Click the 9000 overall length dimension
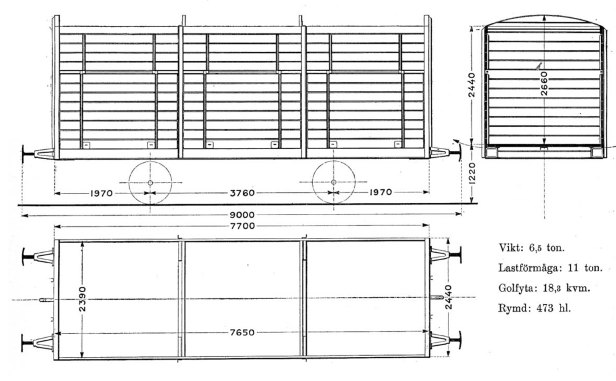[242, 215]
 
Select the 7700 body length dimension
[242, 226]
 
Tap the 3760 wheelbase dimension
[242, 193]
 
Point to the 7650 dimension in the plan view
[242, 332]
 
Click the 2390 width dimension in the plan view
[82, 299]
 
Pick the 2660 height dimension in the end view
[544, 83]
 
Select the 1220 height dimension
[472, 173]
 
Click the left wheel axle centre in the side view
[150, 182]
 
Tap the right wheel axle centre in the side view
[333, 182]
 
